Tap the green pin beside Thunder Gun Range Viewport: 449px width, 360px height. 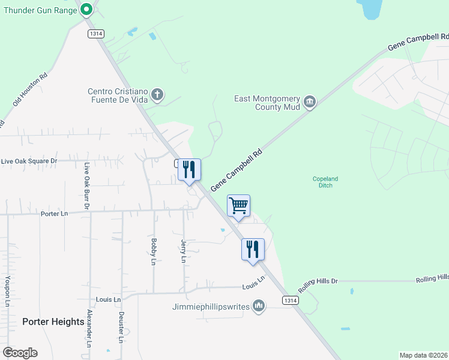coord(86,9)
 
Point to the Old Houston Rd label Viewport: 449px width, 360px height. coord(30,91)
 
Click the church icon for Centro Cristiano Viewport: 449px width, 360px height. coord(157,95)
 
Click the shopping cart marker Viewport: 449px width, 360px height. coord(238,206)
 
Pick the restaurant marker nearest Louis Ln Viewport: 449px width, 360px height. coord(253,249)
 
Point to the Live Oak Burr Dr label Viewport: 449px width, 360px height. coord(87,186)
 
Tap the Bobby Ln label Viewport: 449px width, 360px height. coord(154,252)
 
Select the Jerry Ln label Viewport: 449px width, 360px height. coord(184,251)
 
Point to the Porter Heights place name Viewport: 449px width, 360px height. coord(53,322)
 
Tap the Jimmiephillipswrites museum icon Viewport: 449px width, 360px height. coord(259,307)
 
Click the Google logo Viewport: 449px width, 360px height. coord(20,353)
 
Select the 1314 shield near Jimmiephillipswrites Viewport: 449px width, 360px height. coord(290,300)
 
